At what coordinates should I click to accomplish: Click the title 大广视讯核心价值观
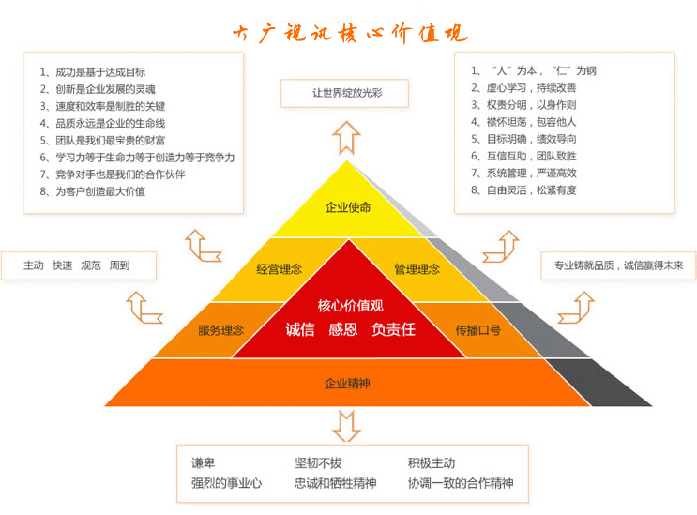348,34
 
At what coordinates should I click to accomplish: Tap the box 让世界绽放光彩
346,93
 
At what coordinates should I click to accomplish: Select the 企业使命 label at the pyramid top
347,207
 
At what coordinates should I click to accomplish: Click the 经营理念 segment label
279,269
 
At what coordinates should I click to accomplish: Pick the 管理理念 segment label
417,269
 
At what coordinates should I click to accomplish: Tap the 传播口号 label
477,330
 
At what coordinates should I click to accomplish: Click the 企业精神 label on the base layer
347,384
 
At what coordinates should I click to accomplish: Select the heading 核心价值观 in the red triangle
350,306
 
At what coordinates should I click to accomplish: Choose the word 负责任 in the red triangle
393,330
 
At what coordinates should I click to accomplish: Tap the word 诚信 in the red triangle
299,330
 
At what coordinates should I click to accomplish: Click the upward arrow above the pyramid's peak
346,136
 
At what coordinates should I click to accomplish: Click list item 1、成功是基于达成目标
93,71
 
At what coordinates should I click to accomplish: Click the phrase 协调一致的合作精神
461,484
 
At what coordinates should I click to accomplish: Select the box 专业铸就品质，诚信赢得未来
618,265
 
